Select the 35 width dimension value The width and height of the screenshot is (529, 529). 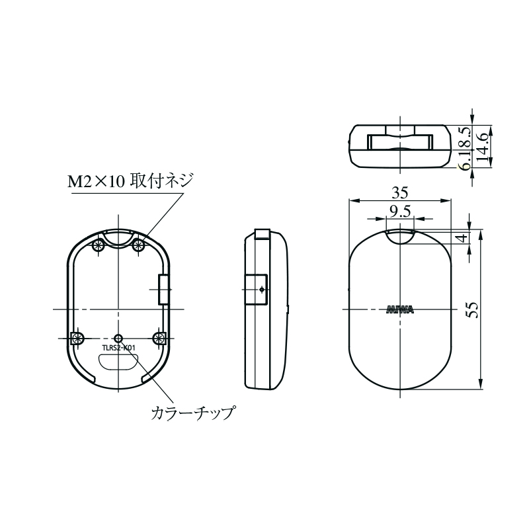click(x=399, y=193)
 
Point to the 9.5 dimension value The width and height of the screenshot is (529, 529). click(x=399, y=211)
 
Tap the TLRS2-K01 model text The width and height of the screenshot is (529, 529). click(x=119, y=348)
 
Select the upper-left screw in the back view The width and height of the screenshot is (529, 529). click(x=99, y=246)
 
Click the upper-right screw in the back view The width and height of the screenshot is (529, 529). click(x=139, y=246)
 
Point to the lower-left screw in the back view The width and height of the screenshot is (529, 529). click(x=77, y=338)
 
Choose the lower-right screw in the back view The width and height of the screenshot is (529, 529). click(x=159, y=338)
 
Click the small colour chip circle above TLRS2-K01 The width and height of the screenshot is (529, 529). click(x=118, y=337)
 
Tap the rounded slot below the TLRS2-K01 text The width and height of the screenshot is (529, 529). click(x=118, y=361)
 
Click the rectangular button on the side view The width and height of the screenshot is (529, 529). click(x=257, y=290)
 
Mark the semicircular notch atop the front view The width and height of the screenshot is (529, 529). click(x=399, y=235)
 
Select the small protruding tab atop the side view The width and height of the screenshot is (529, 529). click(x=262, y=232)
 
